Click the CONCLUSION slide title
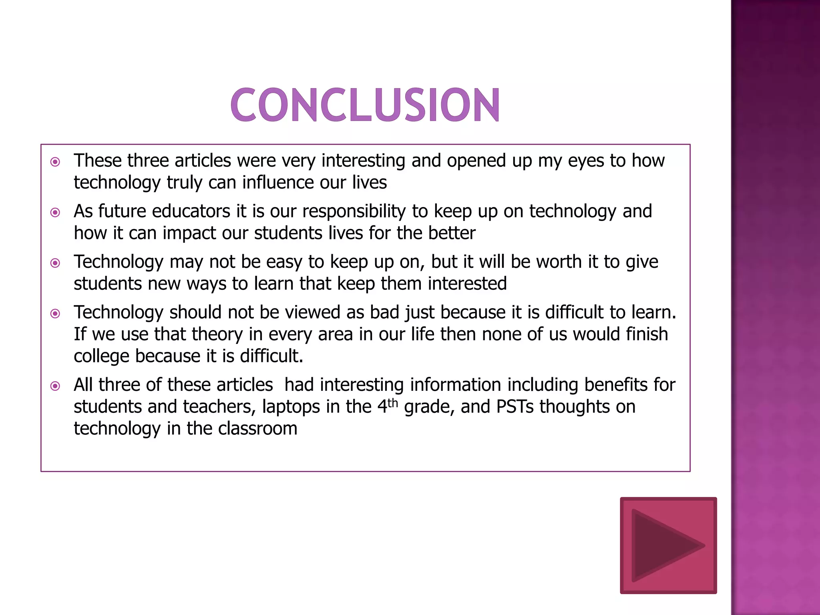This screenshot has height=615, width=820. pos(365,105)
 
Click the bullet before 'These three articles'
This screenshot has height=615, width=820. pos(55,162)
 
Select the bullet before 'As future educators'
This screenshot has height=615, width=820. pos(55,212)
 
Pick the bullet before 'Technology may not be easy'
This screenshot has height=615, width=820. pos(55,263)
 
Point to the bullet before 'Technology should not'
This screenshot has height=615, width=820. pos(55,314)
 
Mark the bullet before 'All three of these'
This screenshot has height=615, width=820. pos(55,386)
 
